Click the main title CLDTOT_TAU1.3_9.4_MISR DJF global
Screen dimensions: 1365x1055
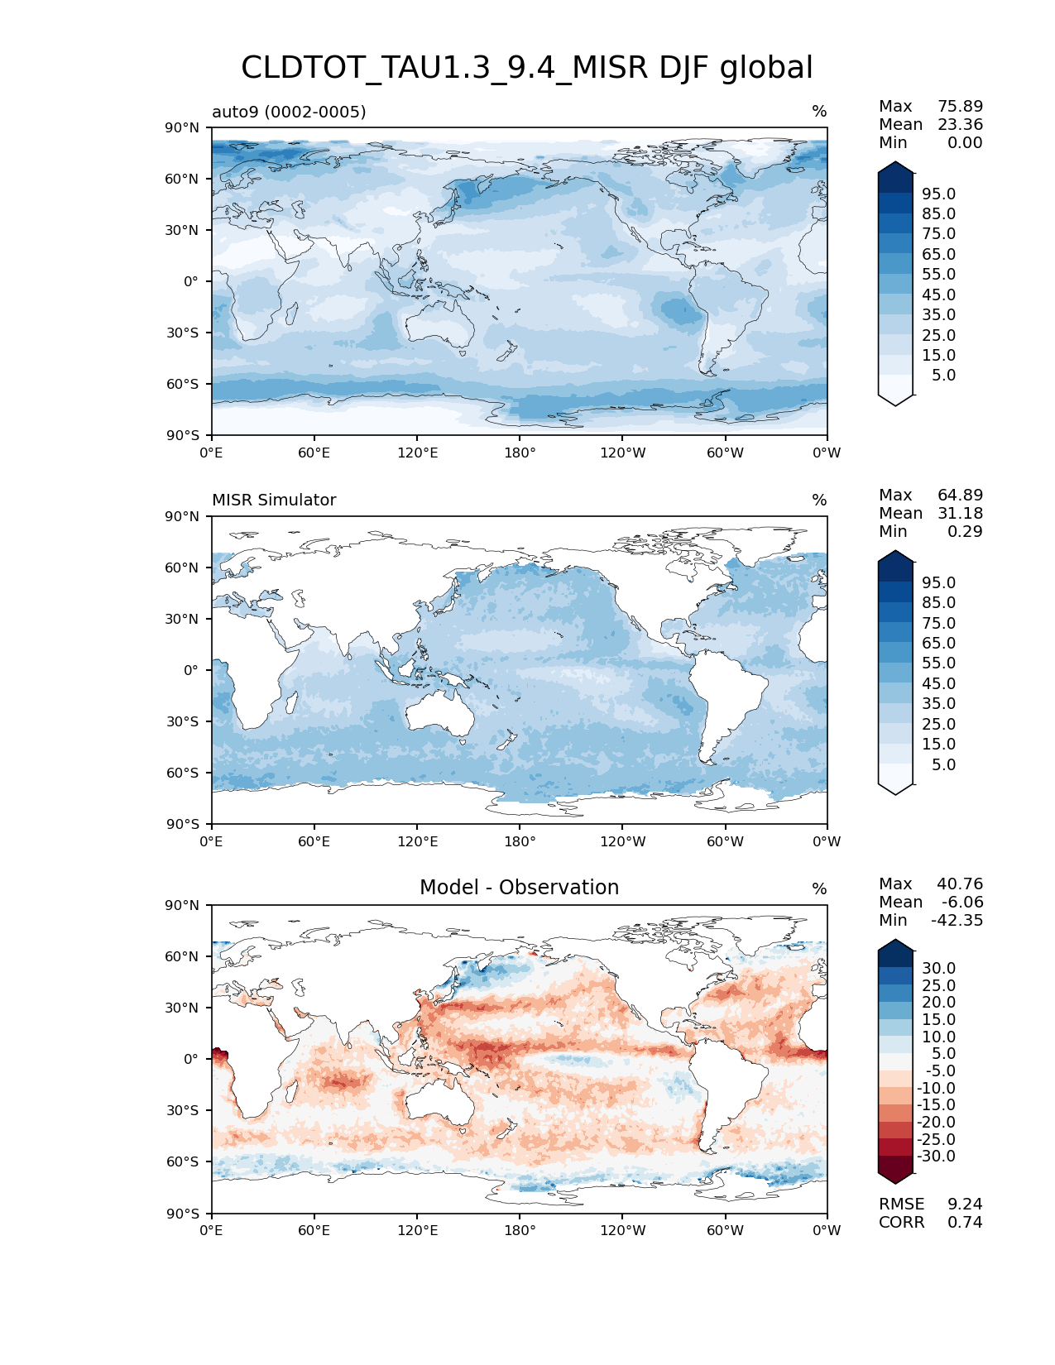[x=526, y=68]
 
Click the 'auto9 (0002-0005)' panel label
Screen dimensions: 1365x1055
[x=289, y=112]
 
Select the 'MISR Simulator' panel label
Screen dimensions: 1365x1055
[x=274, y=500]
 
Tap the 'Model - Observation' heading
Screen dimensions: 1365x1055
[x=519, y=888]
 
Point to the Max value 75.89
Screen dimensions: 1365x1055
[x=960, y=107]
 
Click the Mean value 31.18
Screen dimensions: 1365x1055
[x=960, y=514]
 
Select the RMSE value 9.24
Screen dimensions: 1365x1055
[x=965, y=1205]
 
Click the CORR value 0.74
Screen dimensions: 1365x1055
[x=965, y=1223]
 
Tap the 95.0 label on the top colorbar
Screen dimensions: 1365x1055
[x=938, y=194]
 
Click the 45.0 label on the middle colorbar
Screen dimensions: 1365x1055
[x=938, y=684]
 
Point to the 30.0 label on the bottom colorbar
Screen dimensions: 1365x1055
[x=938, y=969]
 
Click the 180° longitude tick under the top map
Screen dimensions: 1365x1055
[x=520, y=453]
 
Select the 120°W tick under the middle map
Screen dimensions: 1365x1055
[x=622, y=842]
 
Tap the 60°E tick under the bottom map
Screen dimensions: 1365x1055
[x=314, y=1231]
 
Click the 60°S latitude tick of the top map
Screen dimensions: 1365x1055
[x=183, y=385]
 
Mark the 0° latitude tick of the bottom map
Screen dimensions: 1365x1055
[x=191, y=1060]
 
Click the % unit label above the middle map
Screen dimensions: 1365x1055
[x=819, y=500]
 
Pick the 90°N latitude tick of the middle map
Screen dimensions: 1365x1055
[x=183, y=517]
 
